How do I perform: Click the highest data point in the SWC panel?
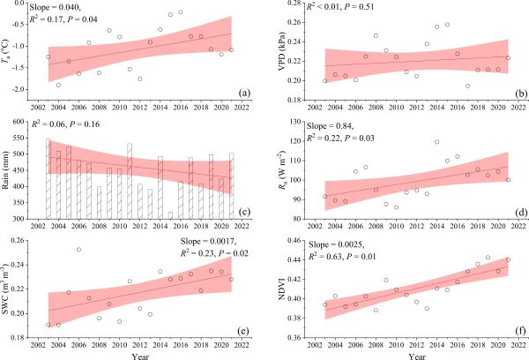[78, 250]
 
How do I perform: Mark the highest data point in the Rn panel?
[436, 142]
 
